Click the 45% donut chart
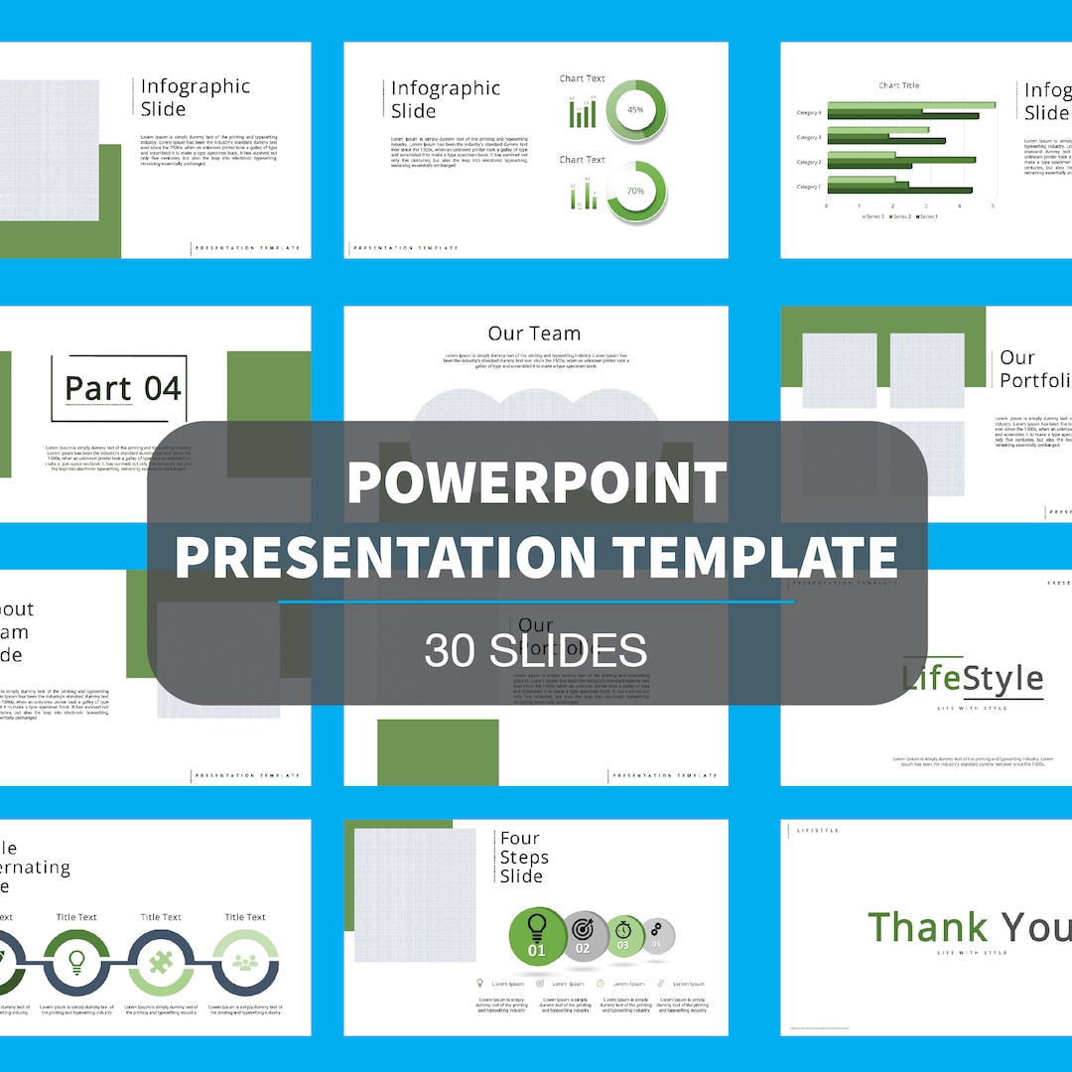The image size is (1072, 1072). tap(635, 110)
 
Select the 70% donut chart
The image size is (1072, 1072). tap(635, 191)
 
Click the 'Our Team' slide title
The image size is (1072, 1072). tap(534, 334)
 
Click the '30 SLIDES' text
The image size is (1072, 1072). tap(536, 650)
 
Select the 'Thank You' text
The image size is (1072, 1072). tap(969, 927)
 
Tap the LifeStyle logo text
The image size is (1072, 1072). tap(973, 679)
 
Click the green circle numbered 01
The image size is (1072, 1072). tap(537, 936)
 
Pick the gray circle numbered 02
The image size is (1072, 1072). tap(583, 935)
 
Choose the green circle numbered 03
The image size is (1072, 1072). tap(623, 935)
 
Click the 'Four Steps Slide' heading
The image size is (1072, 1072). tap(522, 858)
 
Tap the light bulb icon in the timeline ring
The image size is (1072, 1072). tap(76, 962)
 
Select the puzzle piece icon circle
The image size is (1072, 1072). tap(161, 962)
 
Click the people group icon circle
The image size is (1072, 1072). tap(244, 962)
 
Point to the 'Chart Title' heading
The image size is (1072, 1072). tap(898, 85)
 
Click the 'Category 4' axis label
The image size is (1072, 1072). tap(808, 113)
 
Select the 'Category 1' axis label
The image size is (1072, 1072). tap(808, 187)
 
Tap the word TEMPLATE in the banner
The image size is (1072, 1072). tap(754, 555)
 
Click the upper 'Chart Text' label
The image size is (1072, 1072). tap(582, 78)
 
